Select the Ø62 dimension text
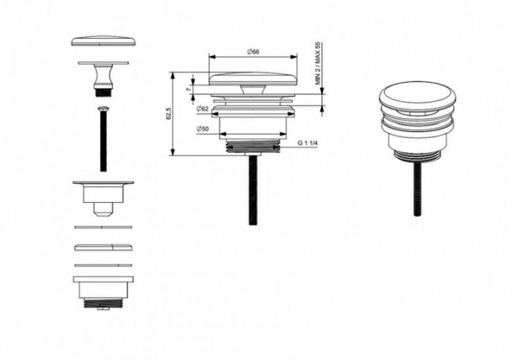203,109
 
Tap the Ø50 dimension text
203,130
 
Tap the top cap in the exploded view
103,40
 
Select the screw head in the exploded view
103,109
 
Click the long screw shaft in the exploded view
103,143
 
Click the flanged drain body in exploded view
103,191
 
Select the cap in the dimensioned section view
253,78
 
